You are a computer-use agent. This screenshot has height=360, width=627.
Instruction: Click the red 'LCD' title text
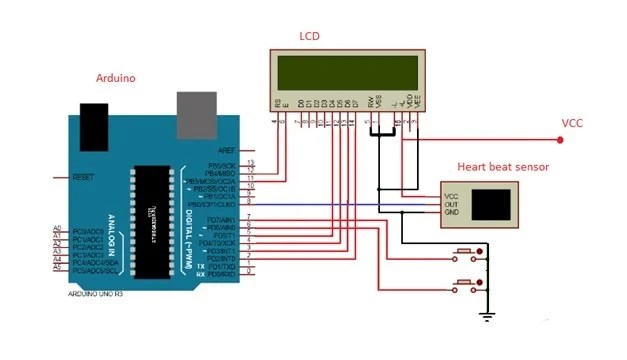point(310,37)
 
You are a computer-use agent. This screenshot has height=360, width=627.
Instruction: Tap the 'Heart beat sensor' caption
point(503,167)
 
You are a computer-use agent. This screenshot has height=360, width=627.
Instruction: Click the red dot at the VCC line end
point(560,140)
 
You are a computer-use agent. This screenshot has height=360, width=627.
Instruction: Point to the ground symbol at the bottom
point(487,317)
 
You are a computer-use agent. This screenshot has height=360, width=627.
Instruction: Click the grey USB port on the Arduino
point(196,112)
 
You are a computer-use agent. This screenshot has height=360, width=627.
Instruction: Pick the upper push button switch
point(464,250)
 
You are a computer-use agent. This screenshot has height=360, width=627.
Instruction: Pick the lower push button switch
point(464,285)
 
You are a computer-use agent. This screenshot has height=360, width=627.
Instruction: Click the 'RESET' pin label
point(85,177)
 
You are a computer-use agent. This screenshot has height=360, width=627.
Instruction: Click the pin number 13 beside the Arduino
point(250,162)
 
